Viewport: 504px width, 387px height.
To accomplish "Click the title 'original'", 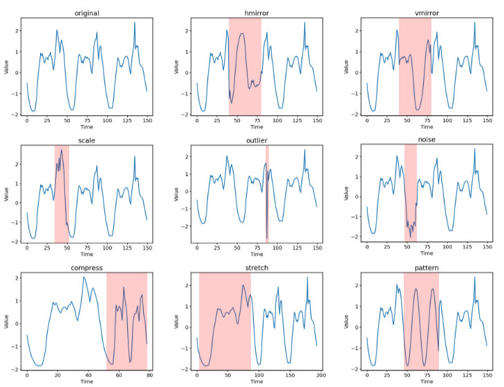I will [x=86, y=13].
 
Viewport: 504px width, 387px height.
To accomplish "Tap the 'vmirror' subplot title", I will [x=427, y=13].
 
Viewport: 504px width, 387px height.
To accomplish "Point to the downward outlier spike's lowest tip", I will [x=267, y=237].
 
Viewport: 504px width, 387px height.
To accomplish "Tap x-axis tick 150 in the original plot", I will [x=147, y=121].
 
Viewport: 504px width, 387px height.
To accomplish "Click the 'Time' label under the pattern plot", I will [x=427, y=384].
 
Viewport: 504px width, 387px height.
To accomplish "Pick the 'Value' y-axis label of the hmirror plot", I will [x=176, y=68].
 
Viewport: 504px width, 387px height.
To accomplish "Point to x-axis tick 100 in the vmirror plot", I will [x=447, y=121].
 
